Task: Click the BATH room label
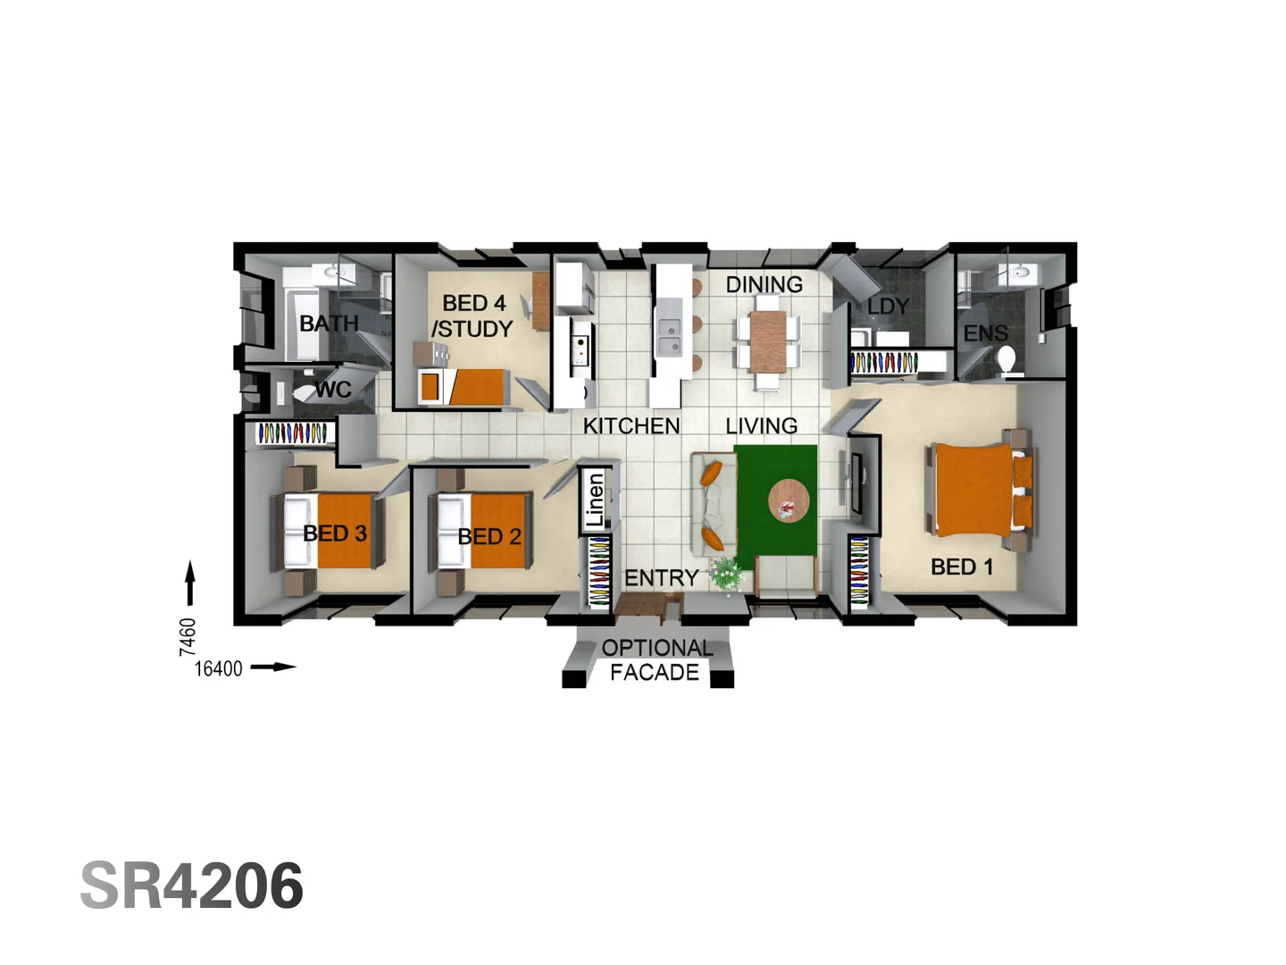pos(329,323)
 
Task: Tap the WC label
pos(332,390)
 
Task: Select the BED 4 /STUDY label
pos(473,316)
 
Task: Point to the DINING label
pos(764,285)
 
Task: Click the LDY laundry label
pos(888,306)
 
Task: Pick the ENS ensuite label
pos(985,334)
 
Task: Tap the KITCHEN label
pos(631,426)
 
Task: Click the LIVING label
pos(761,426)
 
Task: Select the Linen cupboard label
pos(596,500)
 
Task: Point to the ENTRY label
pos(661,578)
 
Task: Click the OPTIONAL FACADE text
pos(656,660)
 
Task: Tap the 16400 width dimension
pos(218,668)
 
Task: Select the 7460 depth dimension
pos(188,636)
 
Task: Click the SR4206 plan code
pos(192,885)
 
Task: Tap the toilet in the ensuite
pos(1007,361)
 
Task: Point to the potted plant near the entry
pos(727,574)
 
